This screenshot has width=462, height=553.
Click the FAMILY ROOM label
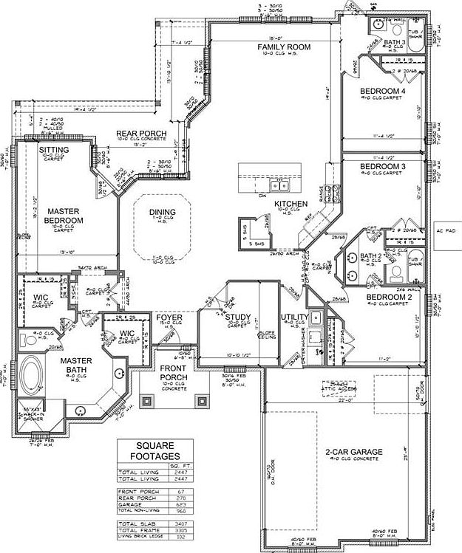coord(283,47)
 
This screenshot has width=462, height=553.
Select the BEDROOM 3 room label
coord(382,167)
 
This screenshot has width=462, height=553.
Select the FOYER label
coord(169,317)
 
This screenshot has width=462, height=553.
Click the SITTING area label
coord(54,150)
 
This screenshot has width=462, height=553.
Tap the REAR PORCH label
coord(140,133)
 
